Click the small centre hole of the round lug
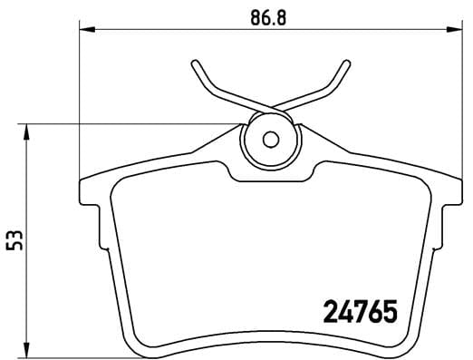click(x=270, y=140)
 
